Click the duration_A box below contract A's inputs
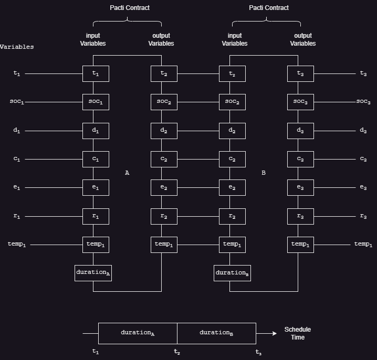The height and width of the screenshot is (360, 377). [x=93, y=272]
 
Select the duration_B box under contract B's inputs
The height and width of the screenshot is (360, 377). [x=232, y=272]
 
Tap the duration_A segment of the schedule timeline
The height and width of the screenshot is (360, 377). [x=138, y=333]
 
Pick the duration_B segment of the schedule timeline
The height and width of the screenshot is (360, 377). [x=216, y=333]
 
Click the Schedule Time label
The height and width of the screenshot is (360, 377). [x=298, y=333]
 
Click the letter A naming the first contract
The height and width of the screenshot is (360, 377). [x=127, y=172]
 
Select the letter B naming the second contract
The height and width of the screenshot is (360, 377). [x=264, y=172]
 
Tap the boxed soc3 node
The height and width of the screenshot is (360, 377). [x=300, y=102]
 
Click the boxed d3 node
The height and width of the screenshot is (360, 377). [x=300, y=130]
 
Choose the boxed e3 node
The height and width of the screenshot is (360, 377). [x=300, y=187]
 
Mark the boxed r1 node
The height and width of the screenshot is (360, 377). [x=96, y=216]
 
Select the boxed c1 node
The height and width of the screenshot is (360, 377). [x=96, y=159]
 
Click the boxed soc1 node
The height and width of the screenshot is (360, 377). [x=96, y=102]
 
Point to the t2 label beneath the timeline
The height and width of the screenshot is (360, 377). [x=177, y=352]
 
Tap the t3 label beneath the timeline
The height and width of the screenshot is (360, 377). [x=258, y=352]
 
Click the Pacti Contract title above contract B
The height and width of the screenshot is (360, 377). [x=269, y=8]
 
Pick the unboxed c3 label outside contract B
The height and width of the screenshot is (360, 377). [x=363, y=159]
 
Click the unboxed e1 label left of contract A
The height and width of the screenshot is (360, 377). [x=17, y=187]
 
